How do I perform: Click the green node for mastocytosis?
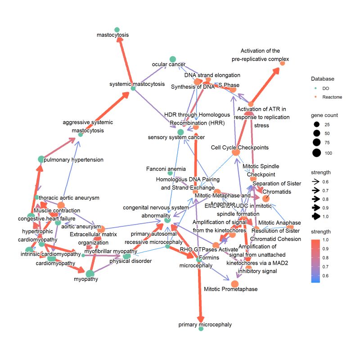[x=117, y=29]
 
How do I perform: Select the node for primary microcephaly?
[x=201, y=329]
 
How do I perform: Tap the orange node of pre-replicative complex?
[x=282, y=63]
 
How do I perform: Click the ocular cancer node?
[x=172, y=59]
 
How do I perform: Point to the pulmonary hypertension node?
[x=41, y=159]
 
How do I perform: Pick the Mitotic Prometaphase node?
[x=234, y=283]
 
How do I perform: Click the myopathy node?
[x=90, y=273]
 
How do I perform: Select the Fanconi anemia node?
[x=170, y=173]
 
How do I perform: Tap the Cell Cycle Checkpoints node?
[x=235, y=153]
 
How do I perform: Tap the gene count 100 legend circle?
[x=317, y=153]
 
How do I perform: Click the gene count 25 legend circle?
[x=317, y=124]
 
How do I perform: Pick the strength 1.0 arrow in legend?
[x=317, y=216]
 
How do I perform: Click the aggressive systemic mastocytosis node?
[x=81, y=135]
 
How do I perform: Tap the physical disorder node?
[x=126, y=256]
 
